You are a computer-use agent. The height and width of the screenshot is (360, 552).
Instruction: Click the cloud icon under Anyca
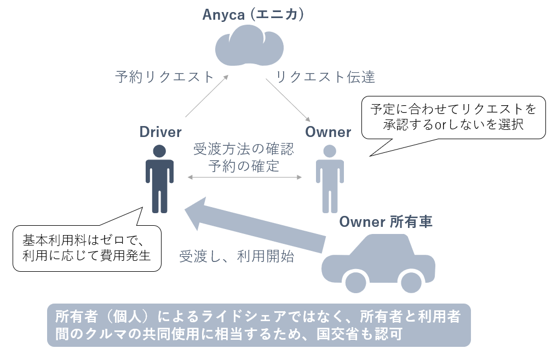250,48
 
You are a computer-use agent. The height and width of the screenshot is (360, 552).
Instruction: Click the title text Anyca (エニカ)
253,15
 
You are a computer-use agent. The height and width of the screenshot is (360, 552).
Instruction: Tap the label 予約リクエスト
164,77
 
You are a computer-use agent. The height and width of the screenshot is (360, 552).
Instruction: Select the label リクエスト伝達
325,77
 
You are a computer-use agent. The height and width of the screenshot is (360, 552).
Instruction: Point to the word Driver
160,132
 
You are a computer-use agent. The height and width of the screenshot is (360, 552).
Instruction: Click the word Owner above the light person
328,132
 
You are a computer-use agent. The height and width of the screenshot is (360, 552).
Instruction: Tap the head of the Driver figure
159,151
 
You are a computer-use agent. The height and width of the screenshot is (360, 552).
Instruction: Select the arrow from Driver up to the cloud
206,96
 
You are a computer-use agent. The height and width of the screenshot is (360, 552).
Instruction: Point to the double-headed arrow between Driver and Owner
245,177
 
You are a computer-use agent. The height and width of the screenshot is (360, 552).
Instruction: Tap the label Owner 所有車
386,222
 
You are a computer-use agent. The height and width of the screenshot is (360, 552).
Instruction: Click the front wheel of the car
355,282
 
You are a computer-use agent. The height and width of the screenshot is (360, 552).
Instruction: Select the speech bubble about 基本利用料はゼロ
87,248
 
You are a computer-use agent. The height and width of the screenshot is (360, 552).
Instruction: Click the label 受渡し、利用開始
237,256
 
